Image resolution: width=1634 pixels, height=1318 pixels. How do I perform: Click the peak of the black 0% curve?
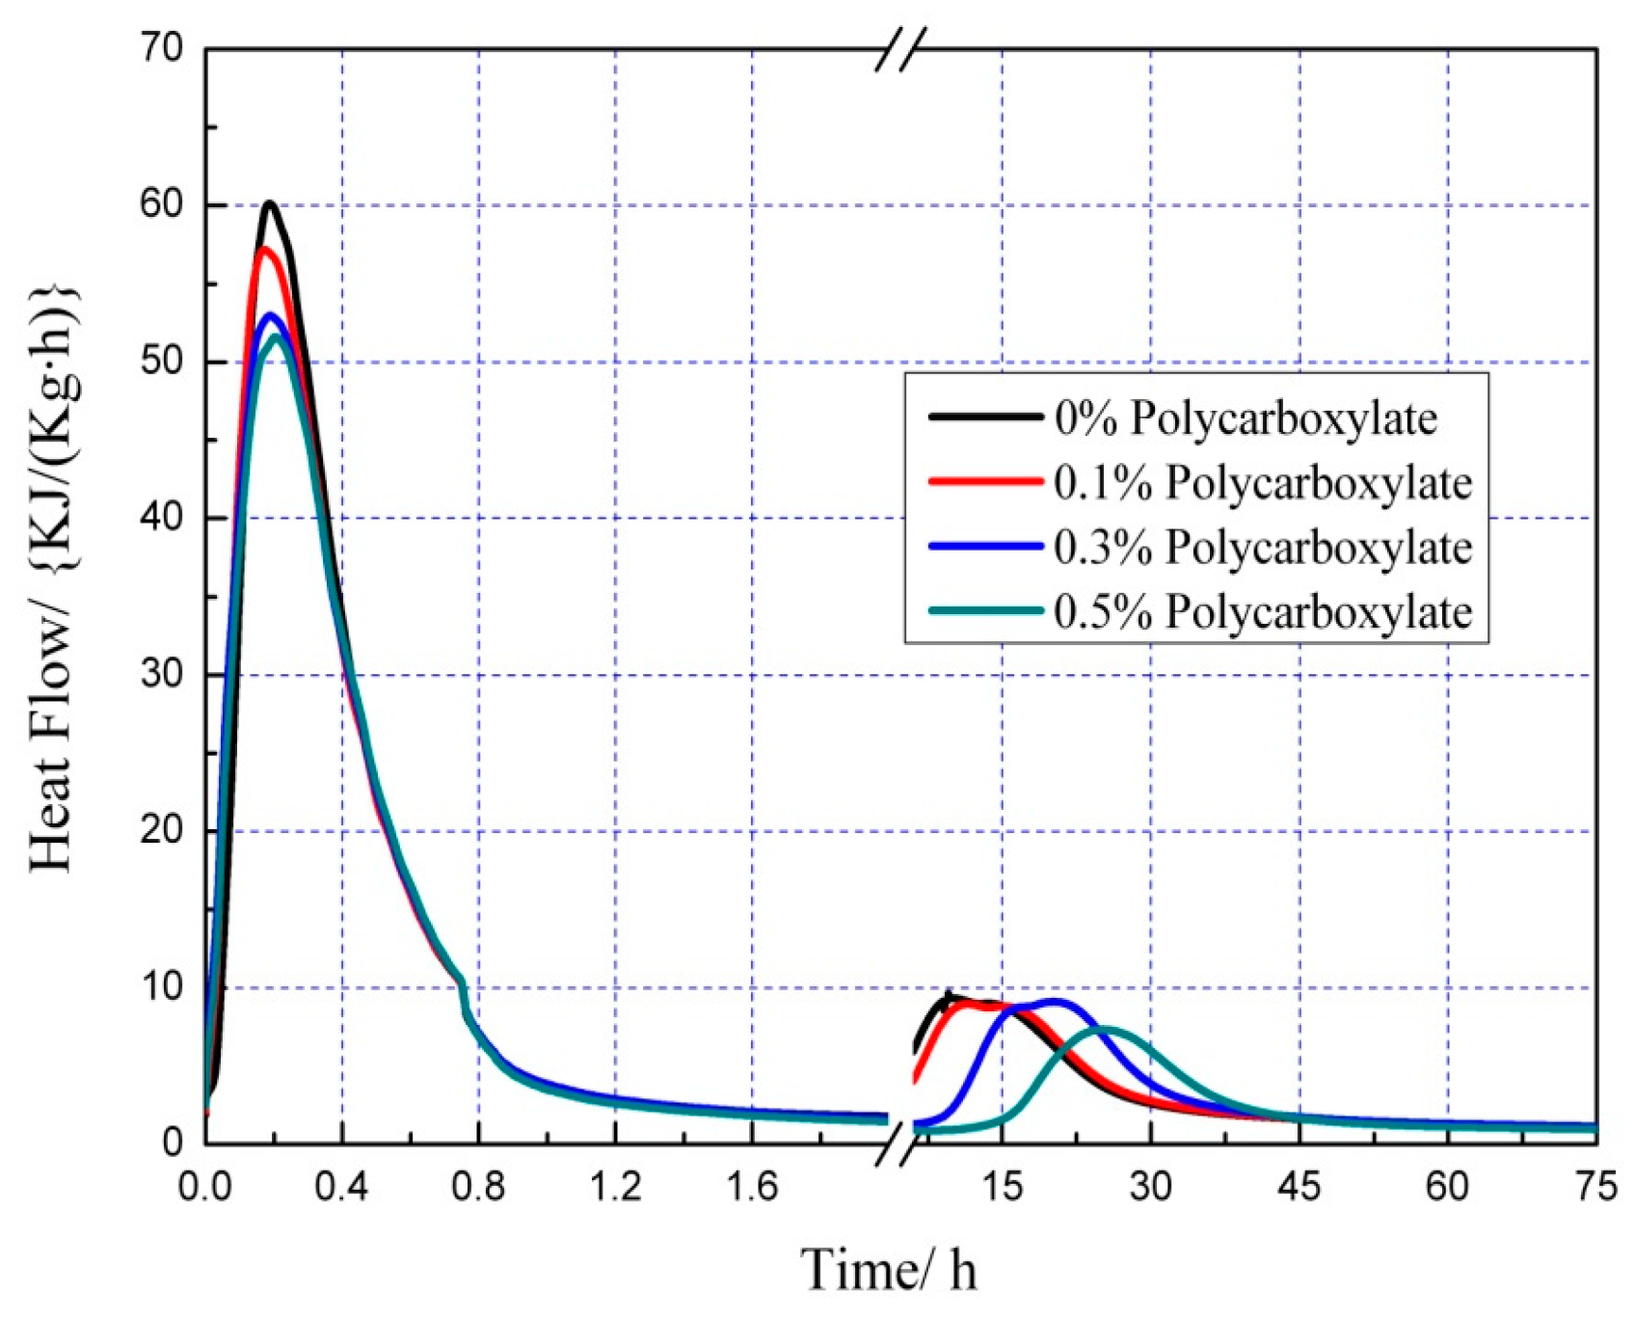click(270, 203)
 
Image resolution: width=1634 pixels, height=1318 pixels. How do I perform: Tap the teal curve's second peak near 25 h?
click(1107, 1029)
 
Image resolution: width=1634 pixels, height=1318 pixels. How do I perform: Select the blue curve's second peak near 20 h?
click(1056, 1001)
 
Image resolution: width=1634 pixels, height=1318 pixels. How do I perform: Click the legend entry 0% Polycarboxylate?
click(1245, 418)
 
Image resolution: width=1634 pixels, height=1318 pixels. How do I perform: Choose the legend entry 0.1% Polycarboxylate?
click(1262, 482)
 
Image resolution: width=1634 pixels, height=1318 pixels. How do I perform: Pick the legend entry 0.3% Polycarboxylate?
click(1262, 547)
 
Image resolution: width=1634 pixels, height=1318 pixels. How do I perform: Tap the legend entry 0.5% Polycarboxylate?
click(1262, 611)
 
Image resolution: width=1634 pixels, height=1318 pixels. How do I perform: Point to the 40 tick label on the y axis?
click(162, 518)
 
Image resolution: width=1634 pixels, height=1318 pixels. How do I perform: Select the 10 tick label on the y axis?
click(162, 987)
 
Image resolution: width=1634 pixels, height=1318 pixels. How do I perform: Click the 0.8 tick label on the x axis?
click(478, 1187)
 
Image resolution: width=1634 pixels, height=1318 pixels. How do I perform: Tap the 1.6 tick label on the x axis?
click(751, 1187)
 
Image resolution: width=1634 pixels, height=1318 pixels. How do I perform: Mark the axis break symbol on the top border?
click(900, 49)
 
